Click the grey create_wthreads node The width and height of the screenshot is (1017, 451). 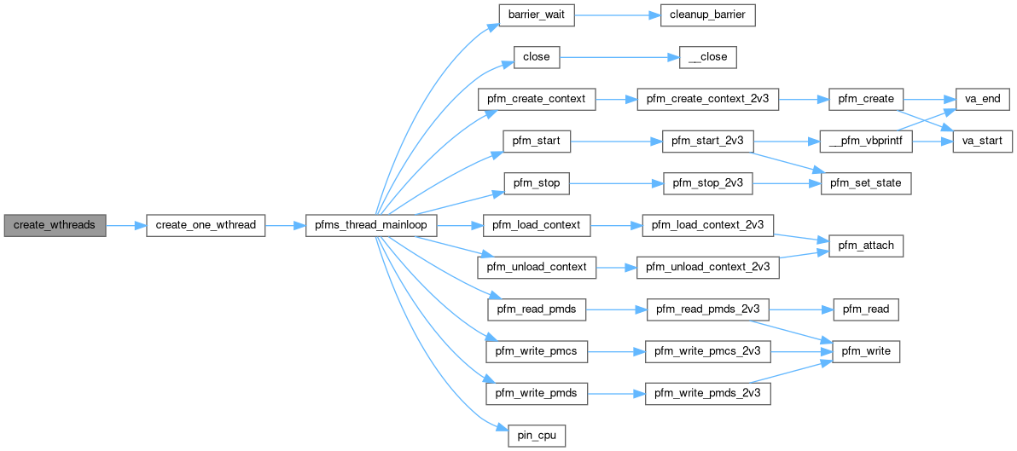pos(55,226)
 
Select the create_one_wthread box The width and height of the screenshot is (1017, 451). pos(206,226)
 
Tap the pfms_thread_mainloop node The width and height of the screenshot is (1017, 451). pos(371,226)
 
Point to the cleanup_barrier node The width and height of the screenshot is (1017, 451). pos(707,15)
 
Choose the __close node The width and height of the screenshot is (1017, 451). pos(707,57)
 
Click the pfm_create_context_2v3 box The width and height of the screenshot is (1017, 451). pos(707,99)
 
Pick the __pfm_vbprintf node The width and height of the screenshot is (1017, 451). pos(866,141)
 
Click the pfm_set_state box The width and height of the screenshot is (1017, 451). pos(866,182)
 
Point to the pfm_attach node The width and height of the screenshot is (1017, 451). pos(866,246)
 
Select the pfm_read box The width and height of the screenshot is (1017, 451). pos(866,309)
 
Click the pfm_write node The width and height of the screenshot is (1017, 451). pos(866,350)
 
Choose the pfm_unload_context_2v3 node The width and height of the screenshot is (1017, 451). pos(707,267)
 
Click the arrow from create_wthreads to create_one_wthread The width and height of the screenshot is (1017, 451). pos(126,226)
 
